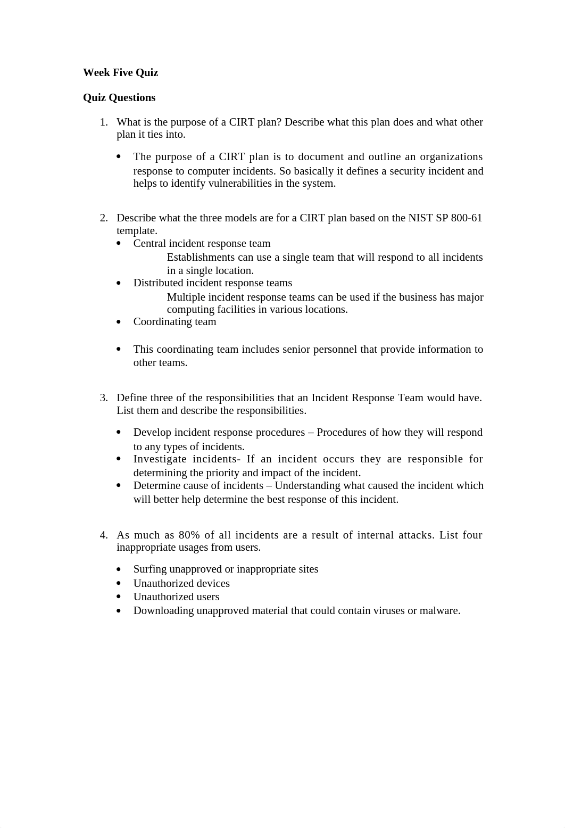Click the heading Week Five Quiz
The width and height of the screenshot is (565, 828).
pyautogui.click(x=120, y=72)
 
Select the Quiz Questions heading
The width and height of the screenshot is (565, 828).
pyautogui.click(x=119, y=97)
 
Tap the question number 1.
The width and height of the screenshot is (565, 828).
pyautogui.click(x=104, y=122)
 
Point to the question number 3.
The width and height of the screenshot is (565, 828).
pyautogui.click(x=104, y=398)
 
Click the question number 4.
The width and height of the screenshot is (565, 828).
pyautogui.click(x=104, y=535)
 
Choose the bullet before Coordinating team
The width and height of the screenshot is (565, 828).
pyautogui.click(x=119, y=322)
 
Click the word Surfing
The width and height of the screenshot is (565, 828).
pyautogui.click(x=149, y=569)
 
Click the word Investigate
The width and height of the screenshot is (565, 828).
pyautogui.click(x=160, y=459)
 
